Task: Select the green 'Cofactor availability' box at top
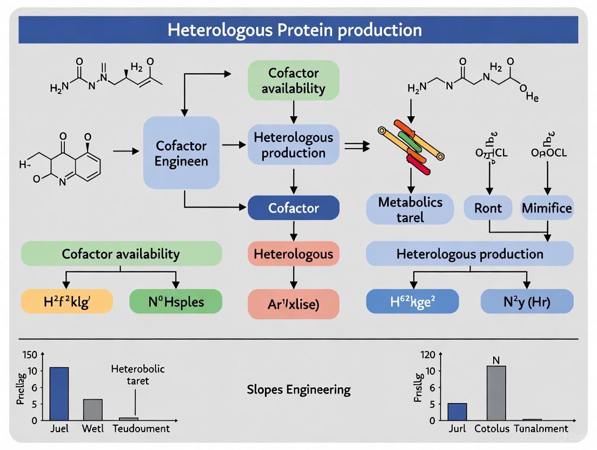[293, 80]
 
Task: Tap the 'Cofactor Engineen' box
[181, 153]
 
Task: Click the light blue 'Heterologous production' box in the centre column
[293, 144]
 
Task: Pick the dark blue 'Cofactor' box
[293, 208]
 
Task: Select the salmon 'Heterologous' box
[293, 254]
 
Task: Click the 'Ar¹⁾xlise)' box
[293, 303]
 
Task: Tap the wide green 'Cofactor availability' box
[121, 254]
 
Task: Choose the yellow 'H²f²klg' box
[67, 301]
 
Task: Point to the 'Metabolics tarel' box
[410, 209]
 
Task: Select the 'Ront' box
[488, 208]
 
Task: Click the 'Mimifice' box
[546, 208]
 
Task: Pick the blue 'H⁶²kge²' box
[412, 301]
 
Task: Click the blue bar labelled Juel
[59, 393]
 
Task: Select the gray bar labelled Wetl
[92, 409]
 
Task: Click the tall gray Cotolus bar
[496, 393]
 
